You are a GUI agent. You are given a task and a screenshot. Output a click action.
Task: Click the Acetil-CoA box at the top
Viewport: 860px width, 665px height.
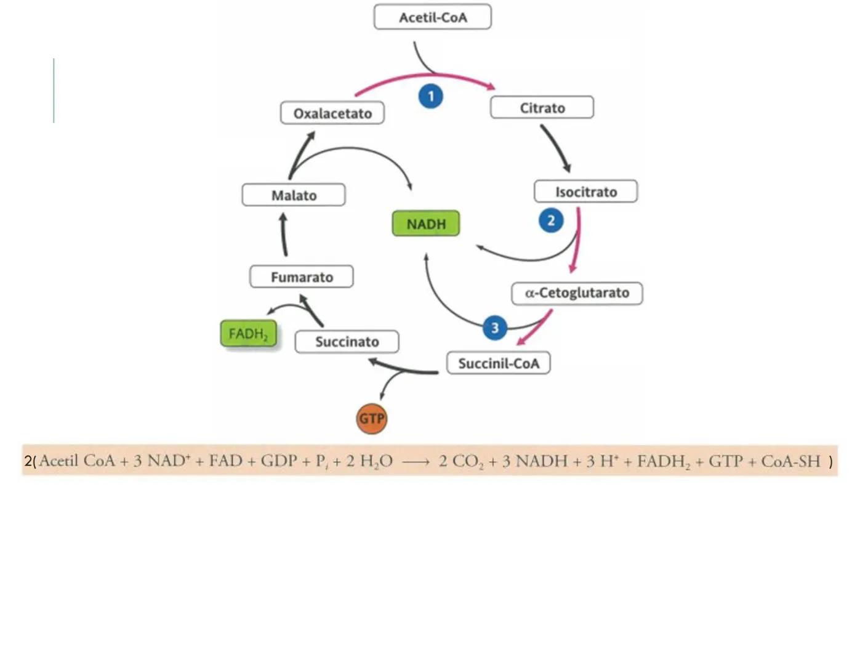[x=432, y=17]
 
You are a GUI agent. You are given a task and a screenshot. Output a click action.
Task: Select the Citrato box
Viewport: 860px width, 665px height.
[x=542, y=108]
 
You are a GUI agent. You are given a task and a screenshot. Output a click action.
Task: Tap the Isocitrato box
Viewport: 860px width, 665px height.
[x=585, y=191]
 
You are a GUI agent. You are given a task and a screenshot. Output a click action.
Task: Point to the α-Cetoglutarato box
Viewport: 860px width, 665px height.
[x=577, y=293]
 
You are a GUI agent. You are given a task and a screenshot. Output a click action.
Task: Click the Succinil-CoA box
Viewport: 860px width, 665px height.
[x=498, y=363]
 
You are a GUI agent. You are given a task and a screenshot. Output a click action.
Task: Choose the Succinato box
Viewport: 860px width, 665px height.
[x=347, y=342]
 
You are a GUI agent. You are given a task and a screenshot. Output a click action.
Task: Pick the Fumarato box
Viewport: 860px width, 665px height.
[x=302, y=277]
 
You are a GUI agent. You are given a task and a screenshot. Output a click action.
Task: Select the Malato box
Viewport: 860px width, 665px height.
[x=294, y=195]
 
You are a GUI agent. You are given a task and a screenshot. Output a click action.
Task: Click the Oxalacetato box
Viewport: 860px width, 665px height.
[x=332, y=113]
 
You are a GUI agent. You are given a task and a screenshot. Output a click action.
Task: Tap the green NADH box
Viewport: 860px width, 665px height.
[x=426, y=224]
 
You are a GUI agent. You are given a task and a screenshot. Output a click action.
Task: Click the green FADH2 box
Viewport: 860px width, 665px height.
[x=248, y=334]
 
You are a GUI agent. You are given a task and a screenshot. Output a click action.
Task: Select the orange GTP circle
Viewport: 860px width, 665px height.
[x=372, y=419]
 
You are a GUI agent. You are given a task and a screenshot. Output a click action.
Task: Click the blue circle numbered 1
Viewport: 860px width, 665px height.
[x=431, y=96]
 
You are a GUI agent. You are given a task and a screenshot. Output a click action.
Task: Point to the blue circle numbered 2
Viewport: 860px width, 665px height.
[x=551, y=220]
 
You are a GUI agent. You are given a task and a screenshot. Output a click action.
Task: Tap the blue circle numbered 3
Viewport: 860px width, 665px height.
[x=495, y=328]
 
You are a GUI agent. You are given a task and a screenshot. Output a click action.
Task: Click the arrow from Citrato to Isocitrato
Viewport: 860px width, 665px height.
[x=556, y=148]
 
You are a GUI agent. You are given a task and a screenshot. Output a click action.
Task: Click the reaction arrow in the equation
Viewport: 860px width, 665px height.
[x=416, y=462]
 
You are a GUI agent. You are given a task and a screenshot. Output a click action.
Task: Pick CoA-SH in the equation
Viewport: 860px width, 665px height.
[x=790, y=461]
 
